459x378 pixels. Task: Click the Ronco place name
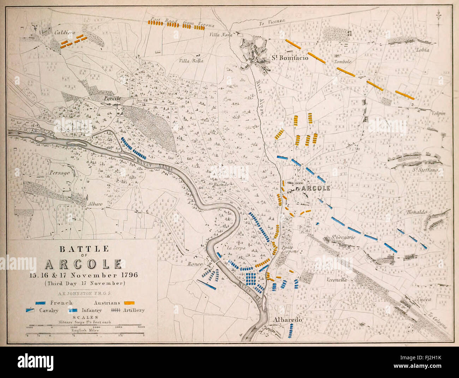(194, 264)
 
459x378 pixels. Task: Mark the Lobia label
(423, 50)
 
